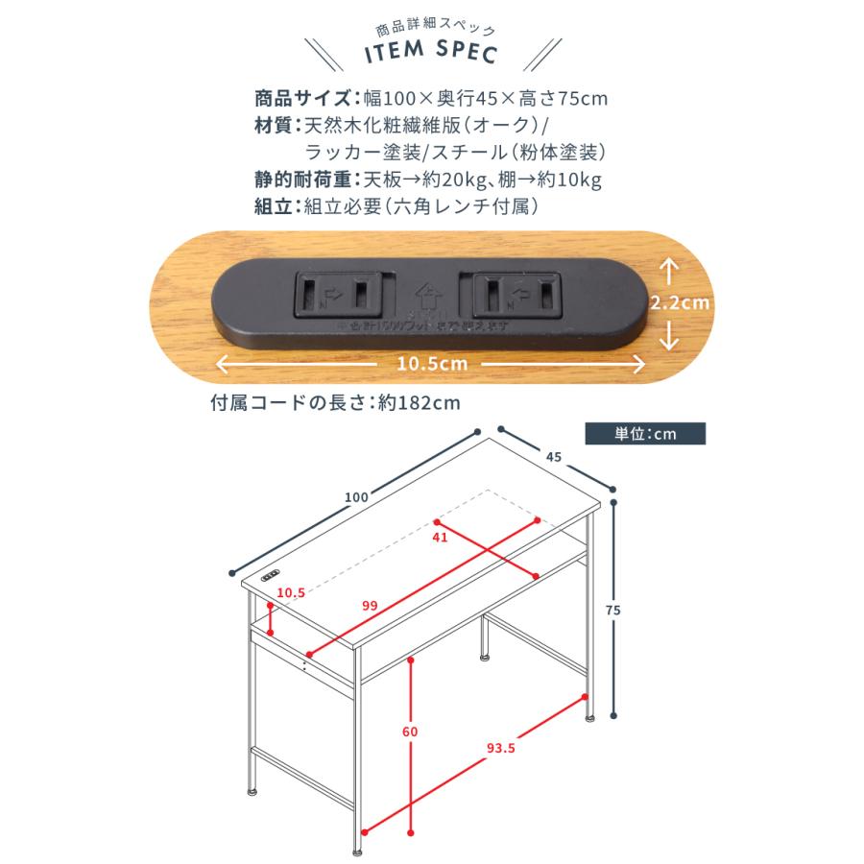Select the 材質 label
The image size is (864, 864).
[275, 126]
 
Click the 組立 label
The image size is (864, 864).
[275, 206]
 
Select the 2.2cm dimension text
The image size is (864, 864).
[679, 302]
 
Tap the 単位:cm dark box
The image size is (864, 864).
[644, 434]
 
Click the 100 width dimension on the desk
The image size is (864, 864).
[355, 496]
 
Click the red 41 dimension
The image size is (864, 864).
[441, 538]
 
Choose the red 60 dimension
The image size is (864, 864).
[410, 732]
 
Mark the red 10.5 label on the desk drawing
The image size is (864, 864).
[290, 593]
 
